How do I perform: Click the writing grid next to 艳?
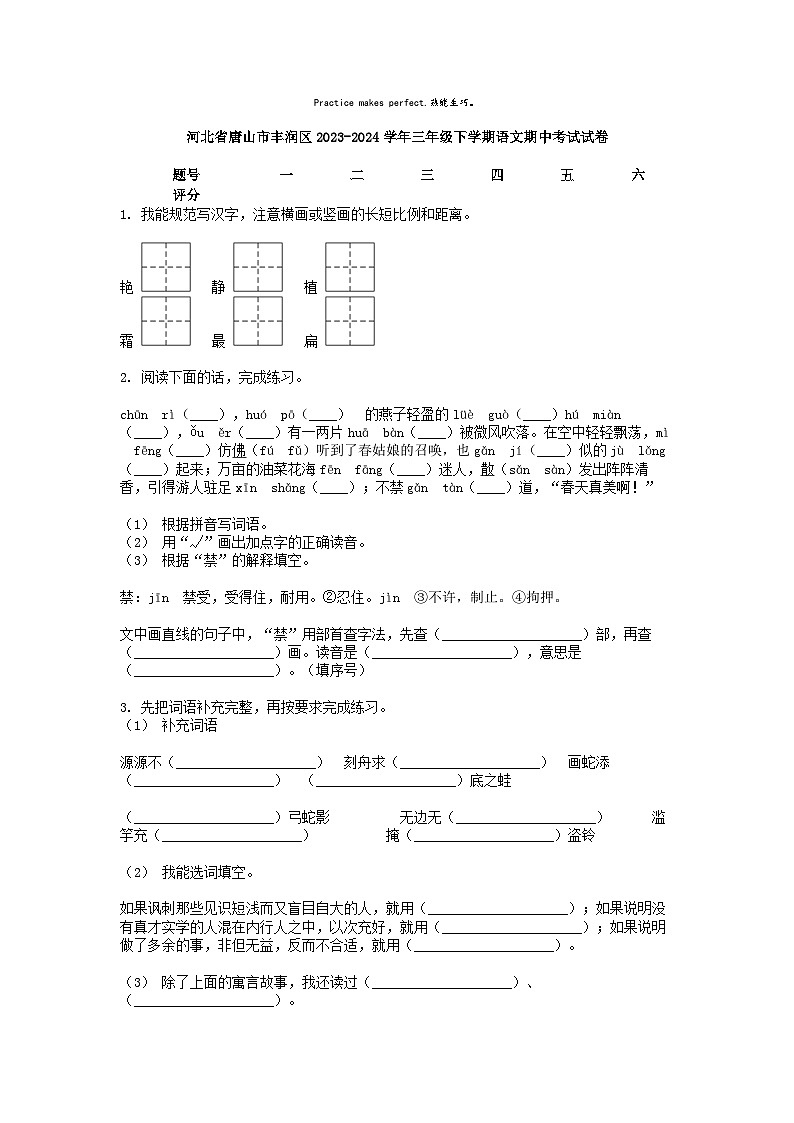coord(165,267)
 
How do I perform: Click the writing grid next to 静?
coord(258,267)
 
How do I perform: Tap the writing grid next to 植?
coord(349,267)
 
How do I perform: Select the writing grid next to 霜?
coord(165,321)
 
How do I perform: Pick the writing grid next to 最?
coord(258,321)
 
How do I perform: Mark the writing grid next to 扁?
coord(349,321)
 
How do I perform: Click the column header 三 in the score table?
coord(427,175)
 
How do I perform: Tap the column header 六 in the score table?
coord(638,175)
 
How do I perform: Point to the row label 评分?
coord(186,194)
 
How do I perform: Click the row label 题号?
coord(186,175)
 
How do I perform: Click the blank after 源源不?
coord(249,762)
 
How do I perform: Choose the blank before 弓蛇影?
coord(204,817)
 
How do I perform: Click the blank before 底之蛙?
coord(385,780)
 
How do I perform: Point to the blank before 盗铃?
coord(485,835)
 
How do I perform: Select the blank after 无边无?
coord(526,817)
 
